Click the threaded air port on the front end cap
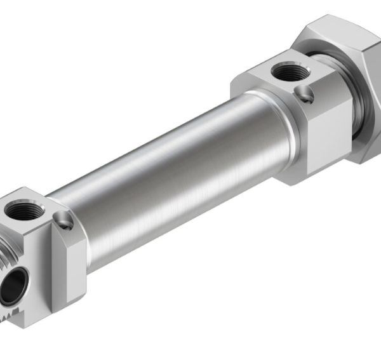coord(24,210)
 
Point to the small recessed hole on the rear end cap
coord(305,95)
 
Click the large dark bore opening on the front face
coord(14,279)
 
